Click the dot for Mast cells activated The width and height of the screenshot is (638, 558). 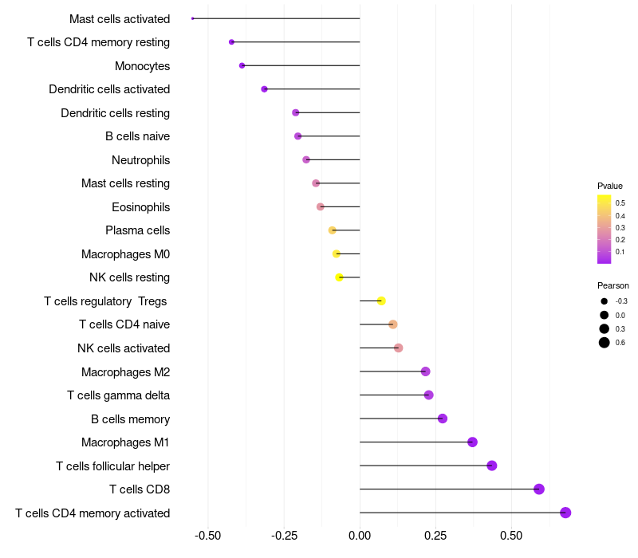point(192,18)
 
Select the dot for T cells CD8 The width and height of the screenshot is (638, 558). point(539,489)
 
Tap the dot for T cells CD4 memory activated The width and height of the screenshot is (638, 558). point(565,513)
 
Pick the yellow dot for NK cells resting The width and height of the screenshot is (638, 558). point(339,277)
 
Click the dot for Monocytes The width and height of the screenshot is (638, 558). point(242,65)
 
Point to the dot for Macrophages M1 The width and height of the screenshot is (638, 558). point(472,442)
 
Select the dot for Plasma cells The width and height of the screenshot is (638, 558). point(332,230)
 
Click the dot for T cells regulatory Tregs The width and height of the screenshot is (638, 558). point(381,301)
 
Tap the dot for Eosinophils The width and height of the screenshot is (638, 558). point(321,206)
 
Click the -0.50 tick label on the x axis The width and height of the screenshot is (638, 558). point(207,535)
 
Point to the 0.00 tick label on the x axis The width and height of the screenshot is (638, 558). point(360,535)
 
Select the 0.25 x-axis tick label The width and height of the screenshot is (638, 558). point(435,535)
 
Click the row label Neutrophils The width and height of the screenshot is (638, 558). point(141,160)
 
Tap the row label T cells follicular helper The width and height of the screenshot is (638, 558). point(112,466)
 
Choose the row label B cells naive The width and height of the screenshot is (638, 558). point(137,136)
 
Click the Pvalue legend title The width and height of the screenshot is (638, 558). point(610,186)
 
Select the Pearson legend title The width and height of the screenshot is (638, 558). point(613,285)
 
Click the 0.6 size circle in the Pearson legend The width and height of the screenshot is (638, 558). point(605,343)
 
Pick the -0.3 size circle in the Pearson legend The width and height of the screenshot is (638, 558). point(605,301)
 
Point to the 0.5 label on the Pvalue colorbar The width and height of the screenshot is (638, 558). point(620,203)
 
